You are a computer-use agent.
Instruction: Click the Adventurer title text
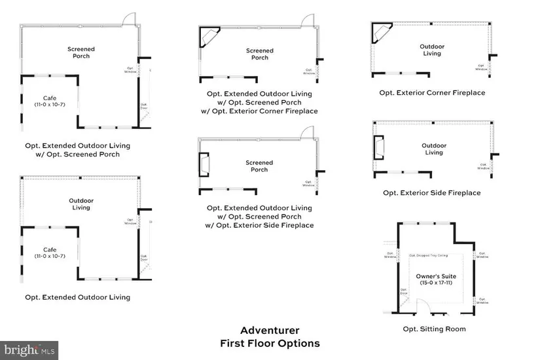click(270, 331)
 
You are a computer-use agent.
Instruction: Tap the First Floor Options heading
click(270, 343)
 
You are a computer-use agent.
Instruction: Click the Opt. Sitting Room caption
click(434, 329)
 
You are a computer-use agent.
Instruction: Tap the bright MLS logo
click(29, 350)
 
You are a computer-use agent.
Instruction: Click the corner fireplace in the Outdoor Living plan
click(380, 33)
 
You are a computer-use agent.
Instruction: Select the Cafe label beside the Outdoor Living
click(50, 253)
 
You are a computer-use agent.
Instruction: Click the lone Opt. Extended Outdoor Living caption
click(77, 297)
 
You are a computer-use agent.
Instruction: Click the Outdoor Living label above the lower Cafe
click(81, 204)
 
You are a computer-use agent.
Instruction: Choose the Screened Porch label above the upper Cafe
click(81, 52)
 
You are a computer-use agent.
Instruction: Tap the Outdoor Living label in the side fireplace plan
click(434, 149)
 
